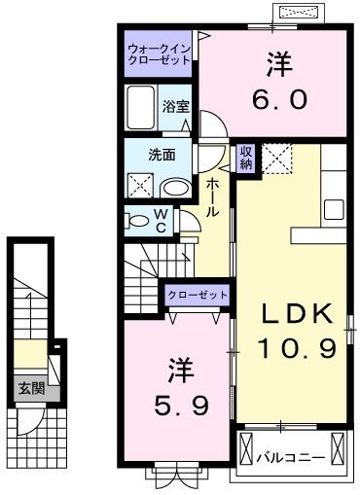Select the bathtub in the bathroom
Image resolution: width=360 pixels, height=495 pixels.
click(x=140, y=108)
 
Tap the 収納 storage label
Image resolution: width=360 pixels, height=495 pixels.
click(x=248, y=159)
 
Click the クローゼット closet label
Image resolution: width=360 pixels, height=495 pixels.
click(x=198, y=294)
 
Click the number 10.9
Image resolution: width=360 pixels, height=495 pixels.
click(x=297, y=347)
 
